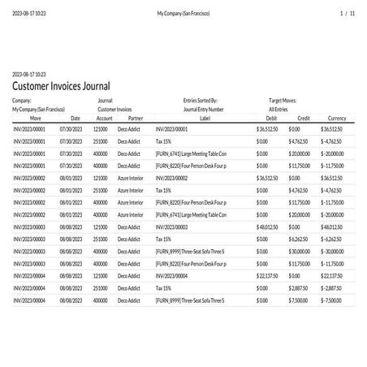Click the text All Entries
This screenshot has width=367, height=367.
point(278,109)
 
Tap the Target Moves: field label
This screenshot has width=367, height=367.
point(283,101)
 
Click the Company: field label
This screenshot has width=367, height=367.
point(22,101)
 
